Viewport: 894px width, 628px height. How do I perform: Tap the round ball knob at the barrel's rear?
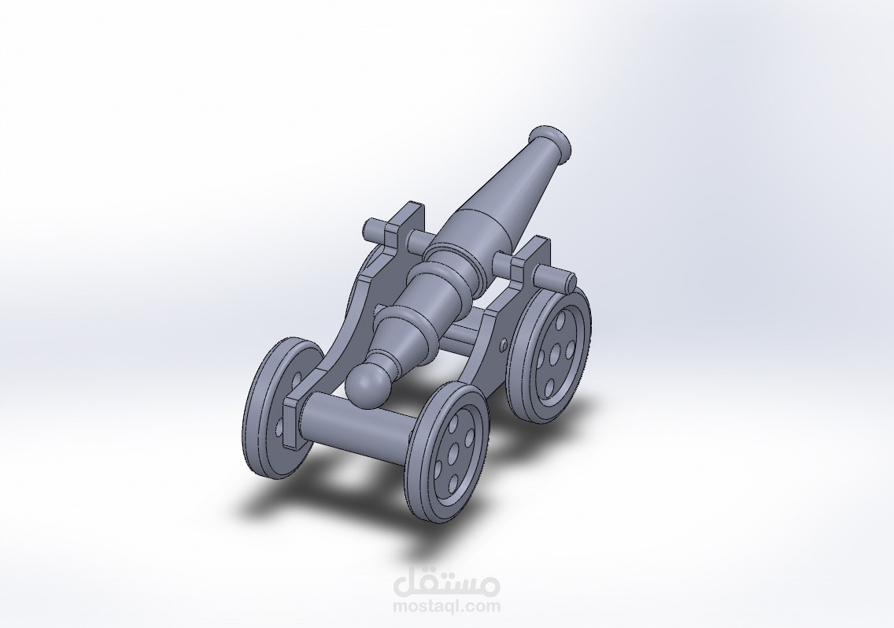point(367,385)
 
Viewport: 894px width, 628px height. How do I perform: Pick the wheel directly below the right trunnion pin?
point(549,351)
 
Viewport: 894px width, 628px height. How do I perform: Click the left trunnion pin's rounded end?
point(371,230)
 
